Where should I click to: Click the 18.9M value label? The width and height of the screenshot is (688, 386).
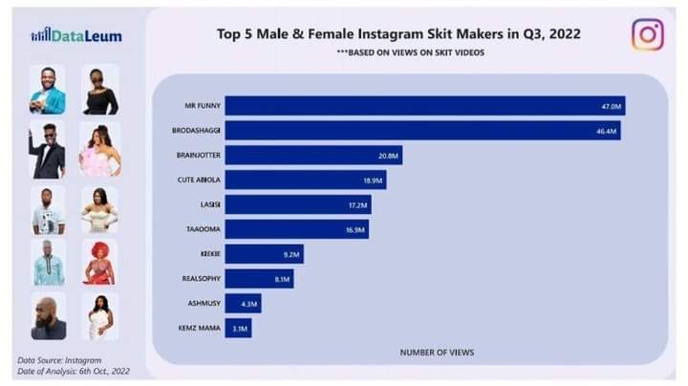pos(374,180)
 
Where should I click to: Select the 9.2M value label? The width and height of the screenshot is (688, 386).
pos(292,254)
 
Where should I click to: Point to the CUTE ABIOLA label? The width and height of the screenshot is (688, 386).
pos(198,180)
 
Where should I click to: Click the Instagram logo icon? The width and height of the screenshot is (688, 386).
pos(647,34)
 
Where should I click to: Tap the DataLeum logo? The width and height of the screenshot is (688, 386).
pos(75,36)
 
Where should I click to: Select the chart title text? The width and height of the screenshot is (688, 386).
pos(398,33)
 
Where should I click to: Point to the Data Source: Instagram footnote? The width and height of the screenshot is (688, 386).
pos(58,359)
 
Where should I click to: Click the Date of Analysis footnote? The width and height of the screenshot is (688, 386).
pos(74,371)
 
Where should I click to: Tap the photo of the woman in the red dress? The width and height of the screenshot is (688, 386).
pos(99,263)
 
